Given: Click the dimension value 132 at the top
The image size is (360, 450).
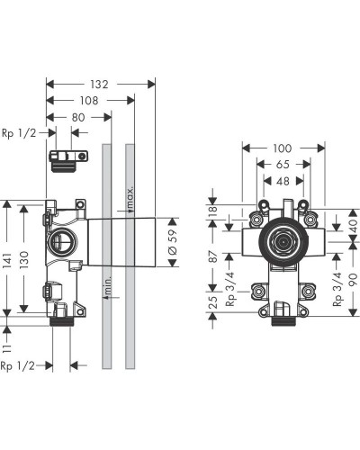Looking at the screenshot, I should [x=100, y=84].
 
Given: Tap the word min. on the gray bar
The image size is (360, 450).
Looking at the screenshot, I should [x=108, y=289].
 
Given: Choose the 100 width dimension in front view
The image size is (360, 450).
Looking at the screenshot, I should [x=283, y=148].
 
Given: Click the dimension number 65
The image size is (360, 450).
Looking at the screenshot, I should [x=283, y=164].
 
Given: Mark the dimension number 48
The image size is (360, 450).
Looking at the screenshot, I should [x=283, y=180].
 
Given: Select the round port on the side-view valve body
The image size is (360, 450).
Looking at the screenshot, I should [x=63, y=239].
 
